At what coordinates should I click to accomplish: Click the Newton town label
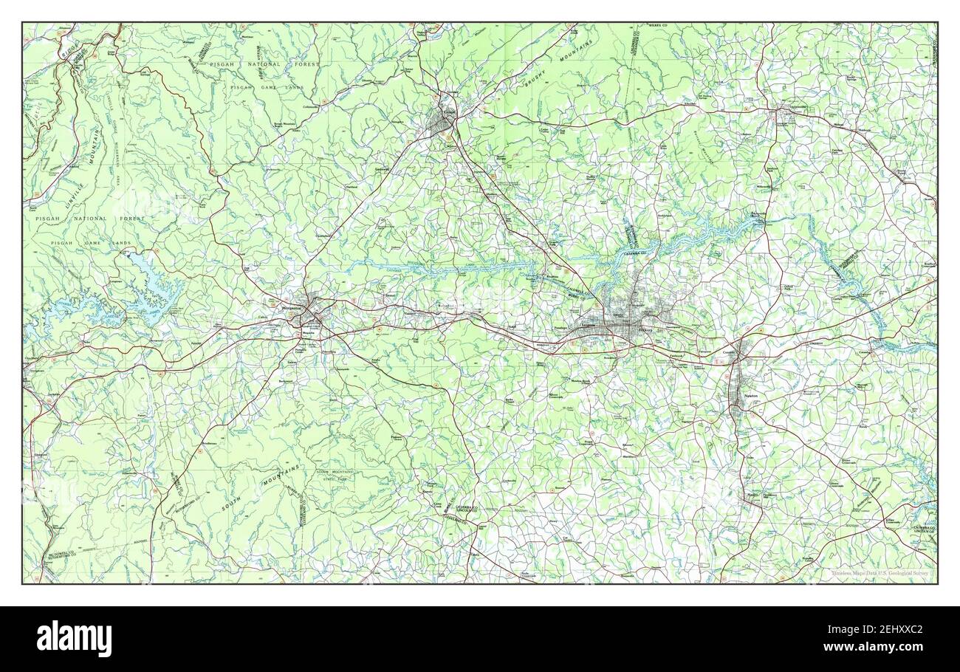(x=752, y=397)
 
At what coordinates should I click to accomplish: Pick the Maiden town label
(x=752, y=494)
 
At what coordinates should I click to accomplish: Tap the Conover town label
(x=730, y=352)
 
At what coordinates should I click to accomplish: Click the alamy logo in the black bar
(x=74, y=639)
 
